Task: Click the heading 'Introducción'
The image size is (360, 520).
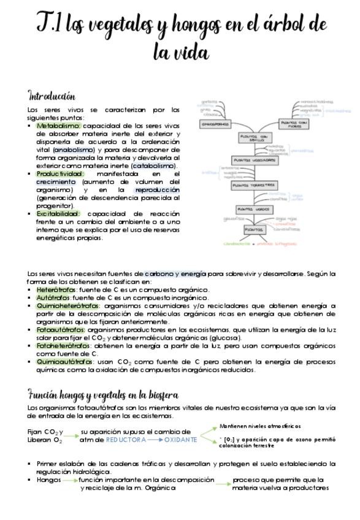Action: (x=52, y=96)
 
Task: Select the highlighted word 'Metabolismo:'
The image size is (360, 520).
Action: (x=58, y=126)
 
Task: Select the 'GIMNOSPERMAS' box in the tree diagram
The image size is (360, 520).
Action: (x=216, y=124)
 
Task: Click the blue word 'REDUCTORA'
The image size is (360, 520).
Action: (x=126, y=440)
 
